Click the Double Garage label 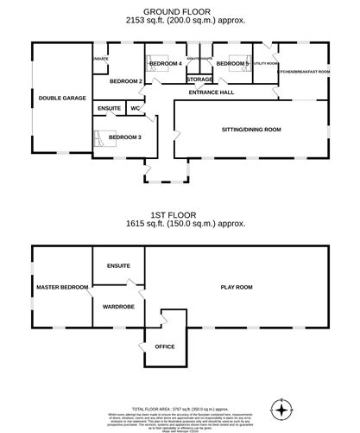tap(61, 99)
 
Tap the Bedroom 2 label tap(126, 81)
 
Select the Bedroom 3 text tap(126, 137)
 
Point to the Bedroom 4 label tap(165, 64)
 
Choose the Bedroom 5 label tap(232, 64)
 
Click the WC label tap(135, 108)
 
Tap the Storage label tap(199, 79)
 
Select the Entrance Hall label tap(212, 91)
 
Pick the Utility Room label tap(265, 64)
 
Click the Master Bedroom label tap(61, 286)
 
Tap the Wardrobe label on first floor tap(117, 306)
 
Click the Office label tap(164, 347)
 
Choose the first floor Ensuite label tap(118, 265)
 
